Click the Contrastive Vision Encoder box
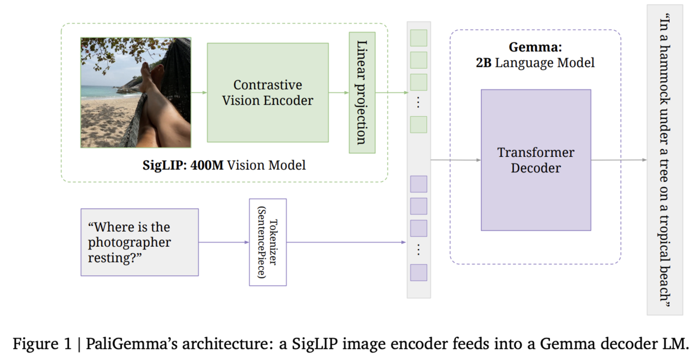point(268,93)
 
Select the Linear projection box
point(362,93)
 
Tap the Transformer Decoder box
point(536,160)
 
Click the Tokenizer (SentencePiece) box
point(268,242)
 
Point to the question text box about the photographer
point(140,242)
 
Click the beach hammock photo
point(136,92)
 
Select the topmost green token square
point(419,38)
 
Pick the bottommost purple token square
point(419,272)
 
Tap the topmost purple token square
point(419,184)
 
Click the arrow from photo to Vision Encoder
point(199,92)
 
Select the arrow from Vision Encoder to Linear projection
point(339,92)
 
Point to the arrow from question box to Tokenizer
point(224,242)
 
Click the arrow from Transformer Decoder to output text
point(619,160)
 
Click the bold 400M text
point(207,165)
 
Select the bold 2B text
point(483,63)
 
